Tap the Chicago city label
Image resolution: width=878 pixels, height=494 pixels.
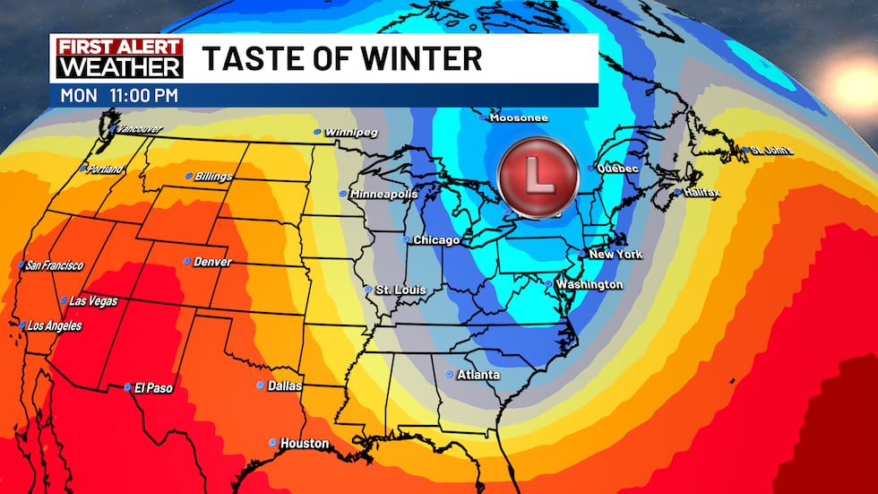(x=436, y=240)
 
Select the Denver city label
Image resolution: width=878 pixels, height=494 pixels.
(x=212, y=262)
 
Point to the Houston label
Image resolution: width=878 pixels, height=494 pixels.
(x=305, y=444)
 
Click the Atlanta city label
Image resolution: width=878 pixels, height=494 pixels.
(x=478, y=375)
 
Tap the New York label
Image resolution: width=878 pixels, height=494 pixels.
(x=616, y=255)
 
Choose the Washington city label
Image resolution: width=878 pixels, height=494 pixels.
(x=589, y=284)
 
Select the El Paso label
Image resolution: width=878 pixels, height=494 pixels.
(x=153, y=388)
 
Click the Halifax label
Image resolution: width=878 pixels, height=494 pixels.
(x=702, y=192)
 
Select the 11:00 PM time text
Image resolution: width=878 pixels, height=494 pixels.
(x=145, y=94)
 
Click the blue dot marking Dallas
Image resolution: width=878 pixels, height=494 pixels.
(x=261, y=386)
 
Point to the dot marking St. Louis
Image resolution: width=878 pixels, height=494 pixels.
(x=368, y=290)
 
